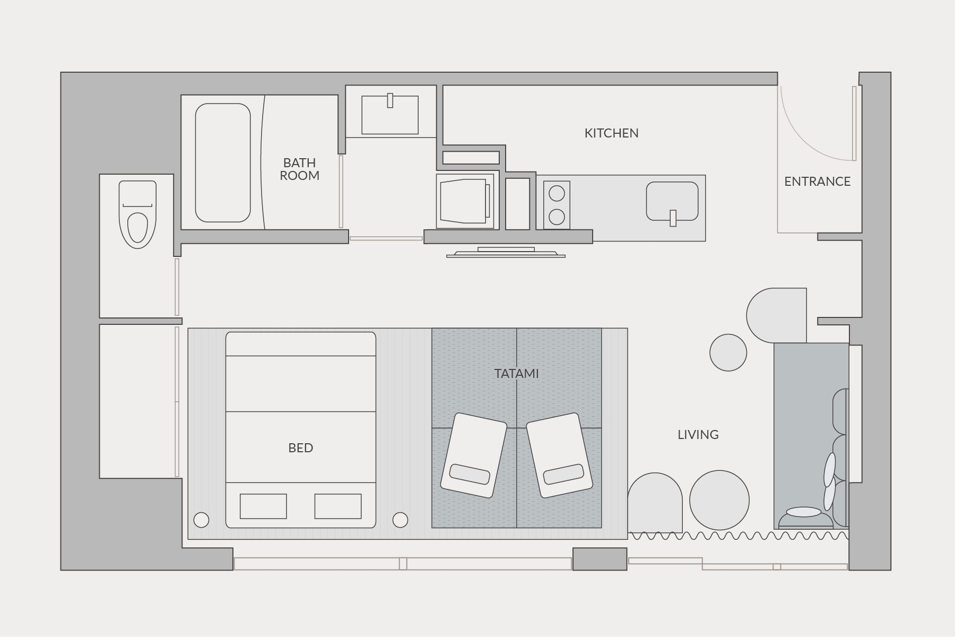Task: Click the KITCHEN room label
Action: click(611, 133)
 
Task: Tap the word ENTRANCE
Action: click(817, 182)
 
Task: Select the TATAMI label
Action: click(516, 374)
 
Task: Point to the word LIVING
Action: click(698, 435)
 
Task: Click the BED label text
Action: click(300, 448)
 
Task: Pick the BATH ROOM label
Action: click(299, 169)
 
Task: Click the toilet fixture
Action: click(137, 214)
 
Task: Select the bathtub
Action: click(223, 162)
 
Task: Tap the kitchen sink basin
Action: click(672, 201)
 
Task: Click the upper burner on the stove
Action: click(557, 193)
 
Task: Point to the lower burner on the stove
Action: click(557, 217)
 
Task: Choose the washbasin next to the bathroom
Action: click(390, 115)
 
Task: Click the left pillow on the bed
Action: click(263, 506)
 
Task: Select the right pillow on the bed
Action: click(338, 506)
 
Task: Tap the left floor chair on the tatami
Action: click(474, 455)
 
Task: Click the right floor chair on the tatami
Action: click(560, 455)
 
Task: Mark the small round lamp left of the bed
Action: click(201, 520)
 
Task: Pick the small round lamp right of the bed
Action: click(400, 520)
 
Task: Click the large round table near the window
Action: click(719, 500)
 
